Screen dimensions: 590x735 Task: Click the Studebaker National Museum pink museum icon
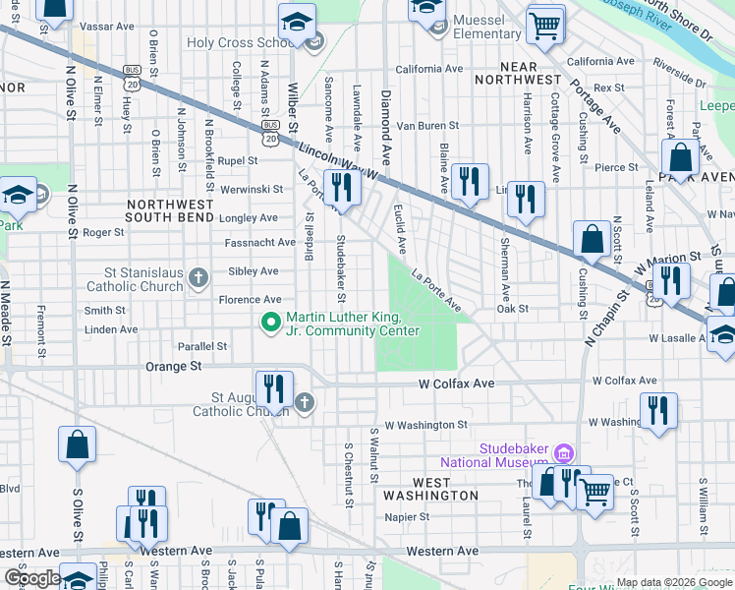564,453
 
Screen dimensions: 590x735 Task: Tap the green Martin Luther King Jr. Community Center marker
271,323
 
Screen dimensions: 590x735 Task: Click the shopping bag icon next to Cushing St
593,239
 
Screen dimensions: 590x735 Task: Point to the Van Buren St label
427,126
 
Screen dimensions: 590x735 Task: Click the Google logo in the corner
32,577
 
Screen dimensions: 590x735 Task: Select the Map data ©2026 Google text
674,582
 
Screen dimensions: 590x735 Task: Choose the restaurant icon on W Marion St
671,280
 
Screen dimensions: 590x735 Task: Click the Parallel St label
202,346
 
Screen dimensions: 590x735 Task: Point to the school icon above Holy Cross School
296,23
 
